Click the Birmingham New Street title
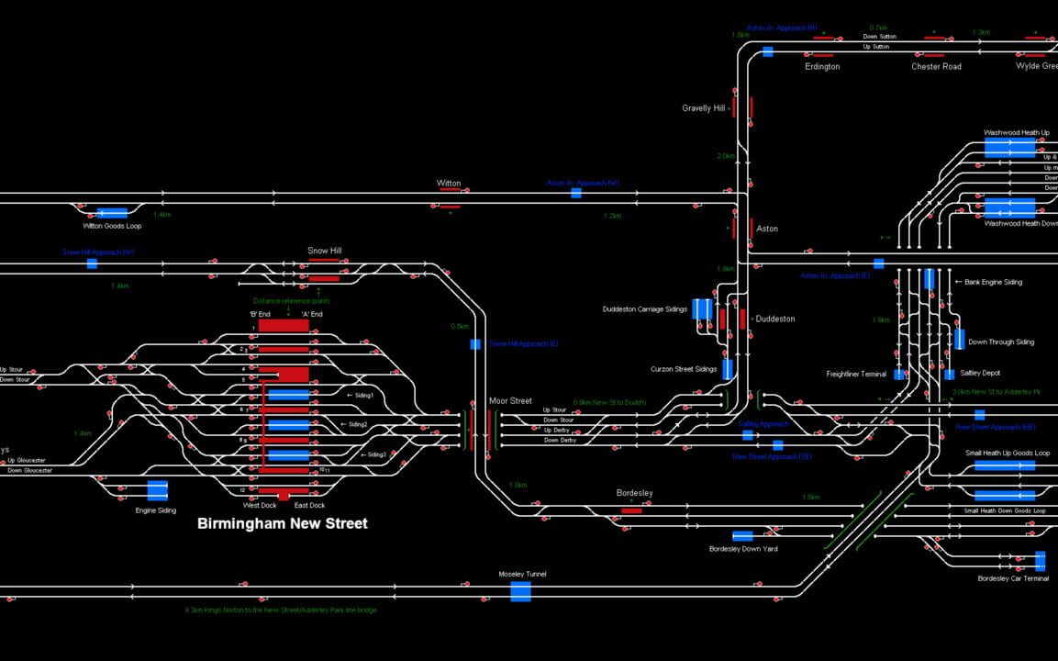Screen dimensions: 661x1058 [x=283, y=524]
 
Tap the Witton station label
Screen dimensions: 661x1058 [x=449, y=184]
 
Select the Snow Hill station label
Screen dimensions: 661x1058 [x=325, y=251]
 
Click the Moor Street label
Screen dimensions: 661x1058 [x=510, y=401]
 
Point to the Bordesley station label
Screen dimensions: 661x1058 [x=634, y=494]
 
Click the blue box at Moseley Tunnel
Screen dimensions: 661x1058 [x=520, y=591]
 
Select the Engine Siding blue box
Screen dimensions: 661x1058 [x=157, y=490]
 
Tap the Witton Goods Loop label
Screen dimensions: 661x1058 [x=111, y=226]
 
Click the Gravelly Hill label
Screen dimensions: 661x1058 [x=703, y=108]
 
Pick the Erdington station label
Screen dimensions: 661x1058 [x=822, y=67]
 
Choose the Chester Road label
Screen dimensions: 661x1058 [x=936, y=67]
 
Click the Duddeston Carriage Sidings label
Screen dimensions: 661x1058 [x=644, y=309]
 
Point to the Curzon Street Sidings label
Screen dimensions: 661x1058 [x=684, y=369]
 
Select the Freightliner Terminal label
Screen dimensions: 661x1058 [x=856, y=375]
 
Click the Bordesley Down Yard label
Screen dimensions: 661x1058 [x=743, y=549]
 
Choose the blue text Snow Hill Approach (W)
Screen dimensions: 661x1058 [x=98, y=252]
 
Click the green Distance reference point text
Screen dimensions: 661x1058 [x=291, y=301]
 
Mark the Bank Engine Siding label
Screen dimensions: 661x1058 [x=993, y=283]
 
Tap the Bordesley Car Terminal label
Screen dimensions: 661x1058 [x=1013, y=578]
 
